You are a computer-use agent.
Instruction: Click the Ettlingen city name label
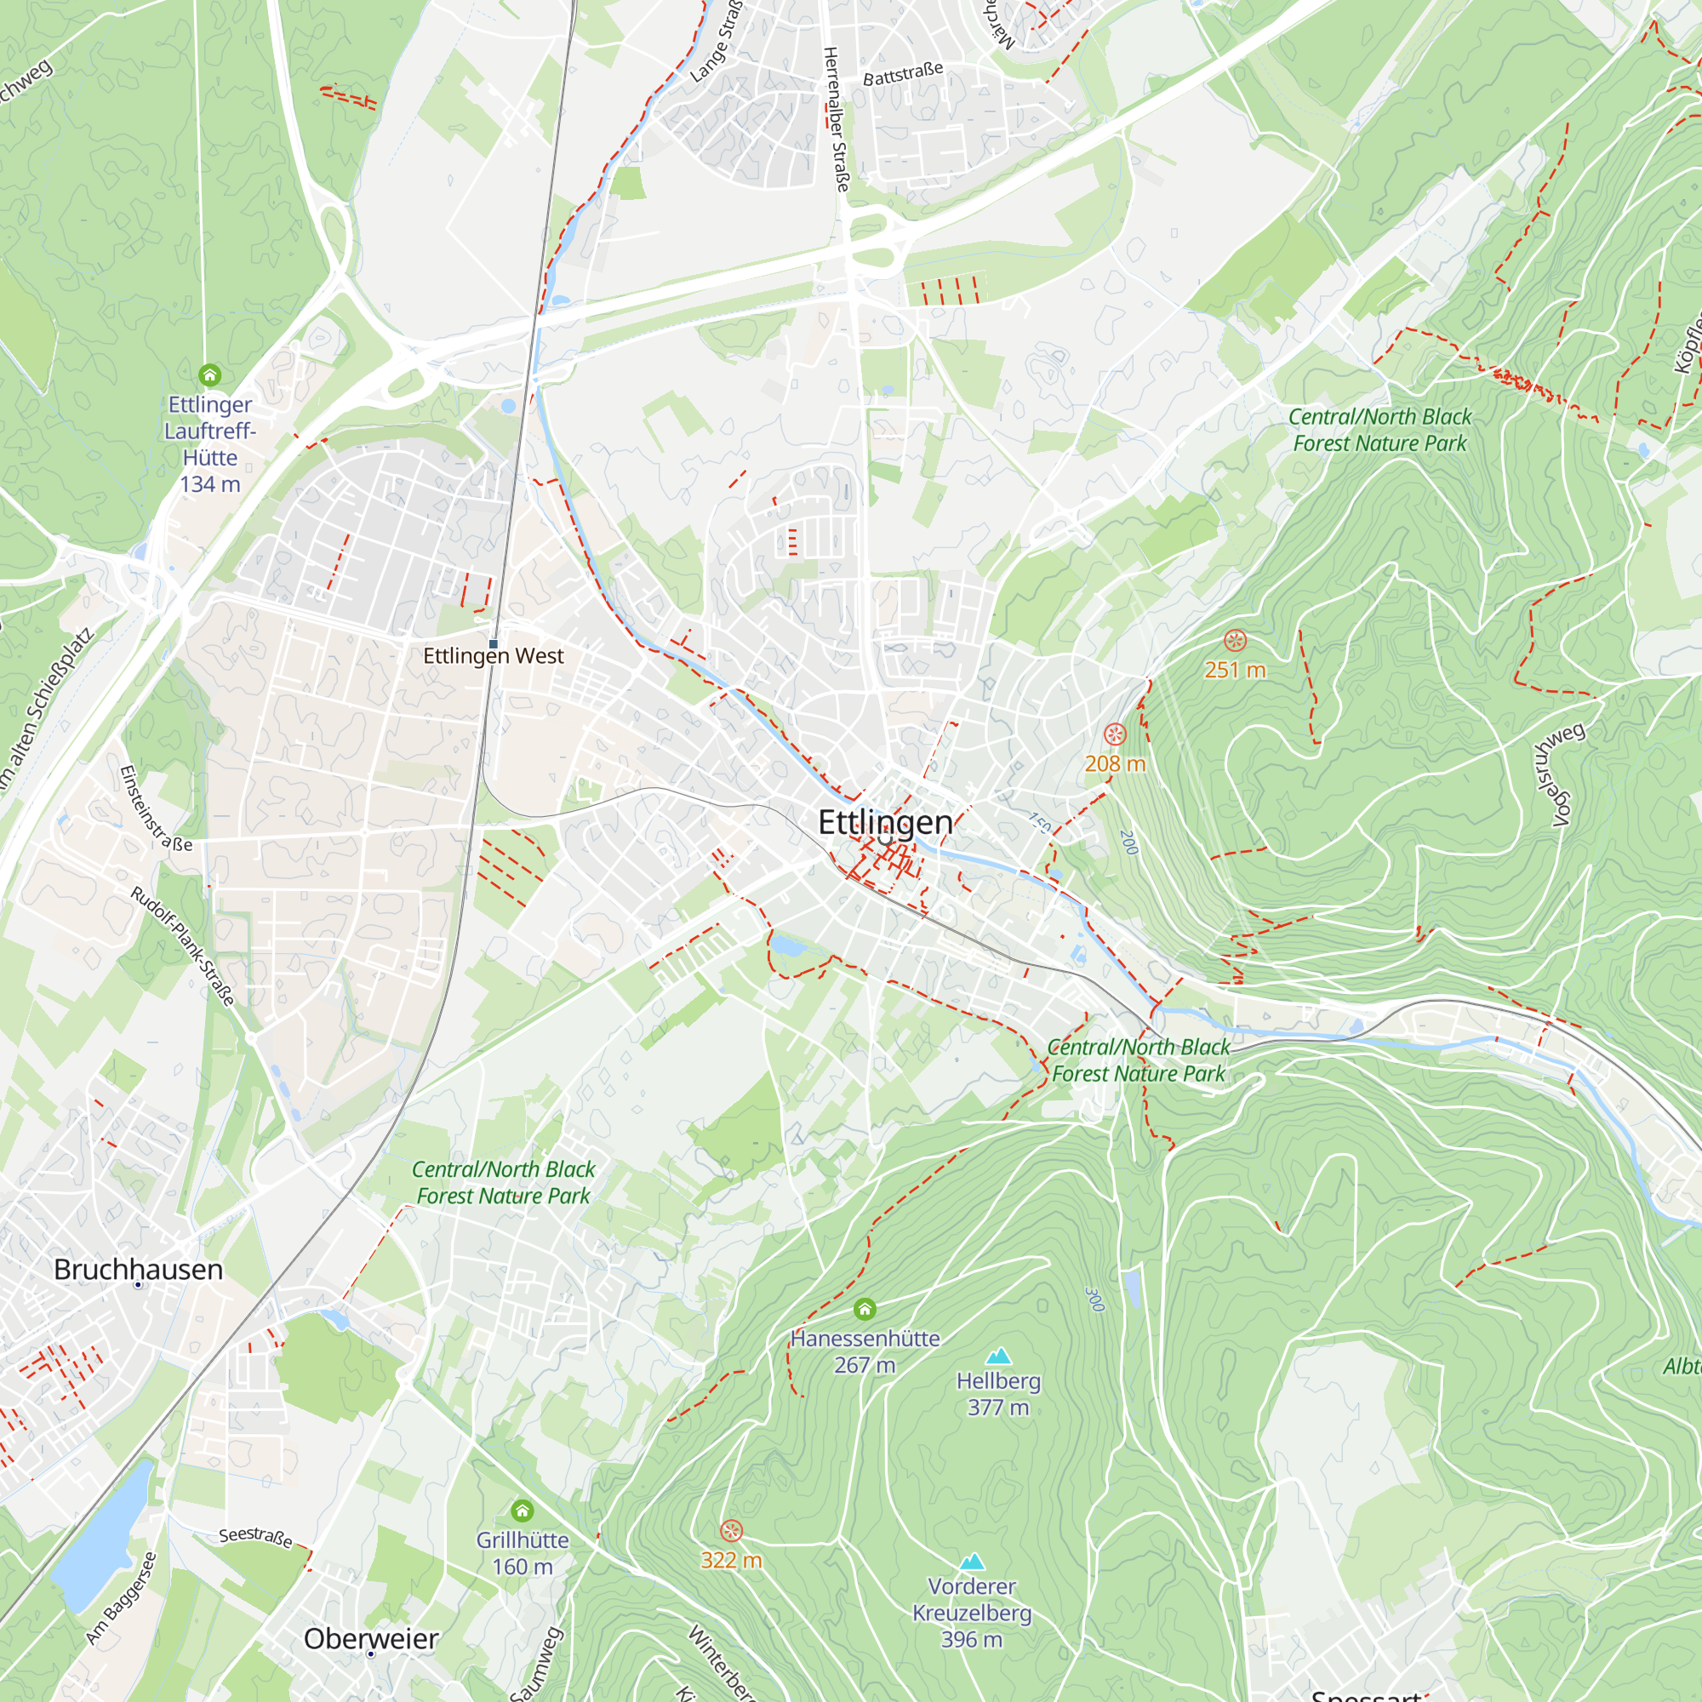pos(884,822)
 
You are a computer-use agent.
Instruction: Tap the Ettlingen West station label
pos(494,656)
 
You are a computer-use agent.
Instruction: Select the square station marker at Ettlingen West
pos(494,644)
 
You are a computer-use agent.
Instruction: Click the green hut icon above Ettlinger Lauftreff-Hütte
pos(209,375)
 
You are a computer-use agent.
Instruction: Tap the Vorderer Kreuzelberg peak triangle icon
pos(972,1562)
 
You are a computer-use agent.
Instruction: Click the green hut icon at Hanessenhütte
pos(865,1309)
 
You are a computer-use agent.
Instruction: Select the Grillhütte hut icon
pos(523,1511)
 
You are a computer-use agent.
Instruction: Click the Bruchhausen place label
pos(139,1270)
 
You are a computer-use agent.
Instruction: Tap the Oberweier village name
pos(371,1638)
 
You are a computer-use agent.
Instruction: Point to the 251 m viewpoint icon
pos(1235,641)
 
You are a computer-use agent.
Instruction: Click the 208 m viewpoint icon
pos(1116,734)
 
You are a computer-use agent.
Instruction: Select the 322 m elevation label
pos(731,1560)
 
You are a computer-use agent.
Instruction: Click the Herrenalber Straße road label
pos(835,120)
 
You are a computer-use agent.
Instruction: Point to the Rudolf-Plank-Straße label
pos(183,946)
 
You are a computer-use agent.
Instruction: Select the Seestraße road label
pos(255,1536)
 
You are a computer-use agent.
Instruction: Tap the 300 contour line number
pos(1095,1299)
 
